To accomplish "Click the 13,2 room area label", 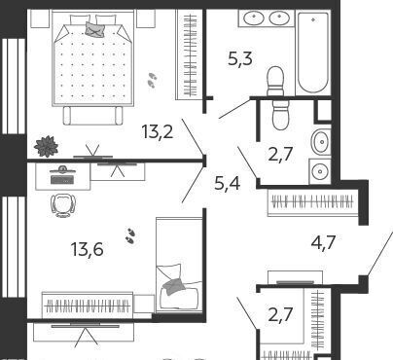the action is click(x=158, y=132).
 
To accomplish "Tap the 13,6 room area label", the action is click(x=87, y=250).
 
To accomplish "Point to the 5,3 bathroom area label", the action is click(x=240, y=59).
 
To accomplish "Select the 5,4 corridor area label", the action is click(x=228, y=183).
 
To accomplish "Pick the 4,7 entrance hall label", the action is click(x=323, y=242).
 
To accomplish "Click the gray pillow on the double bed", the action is click(x=93, y=28).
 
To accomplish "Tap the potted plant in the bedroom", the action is click(x=47, y=146).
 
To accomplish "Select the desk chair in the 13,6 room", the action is click(x=63, y=205).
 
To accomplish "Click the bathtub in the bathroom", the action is click(x=313, y=53).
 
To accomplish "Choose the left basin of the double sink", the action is click(x=254, y=18).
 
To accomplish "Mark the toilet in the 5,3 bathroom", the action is click(x=275, y=81).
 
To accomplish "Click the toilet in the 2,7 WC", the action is click(x=280, y=115).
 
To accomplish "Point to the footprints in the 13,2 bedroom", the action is click(x=152, y=80).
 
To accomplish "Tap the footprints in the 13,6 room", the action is click(x=130, y=235).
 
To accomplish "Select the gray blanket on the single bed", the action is click(x=174, y=286).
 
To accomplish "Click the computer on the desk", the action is click(x=62, y=176).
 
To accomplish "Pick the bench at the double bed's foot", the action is click(x=93, y=116).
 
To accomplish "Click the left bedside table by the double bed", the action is click(x=40, y=18).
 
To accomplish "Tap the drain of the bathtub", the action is click(x=313, y=19).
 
